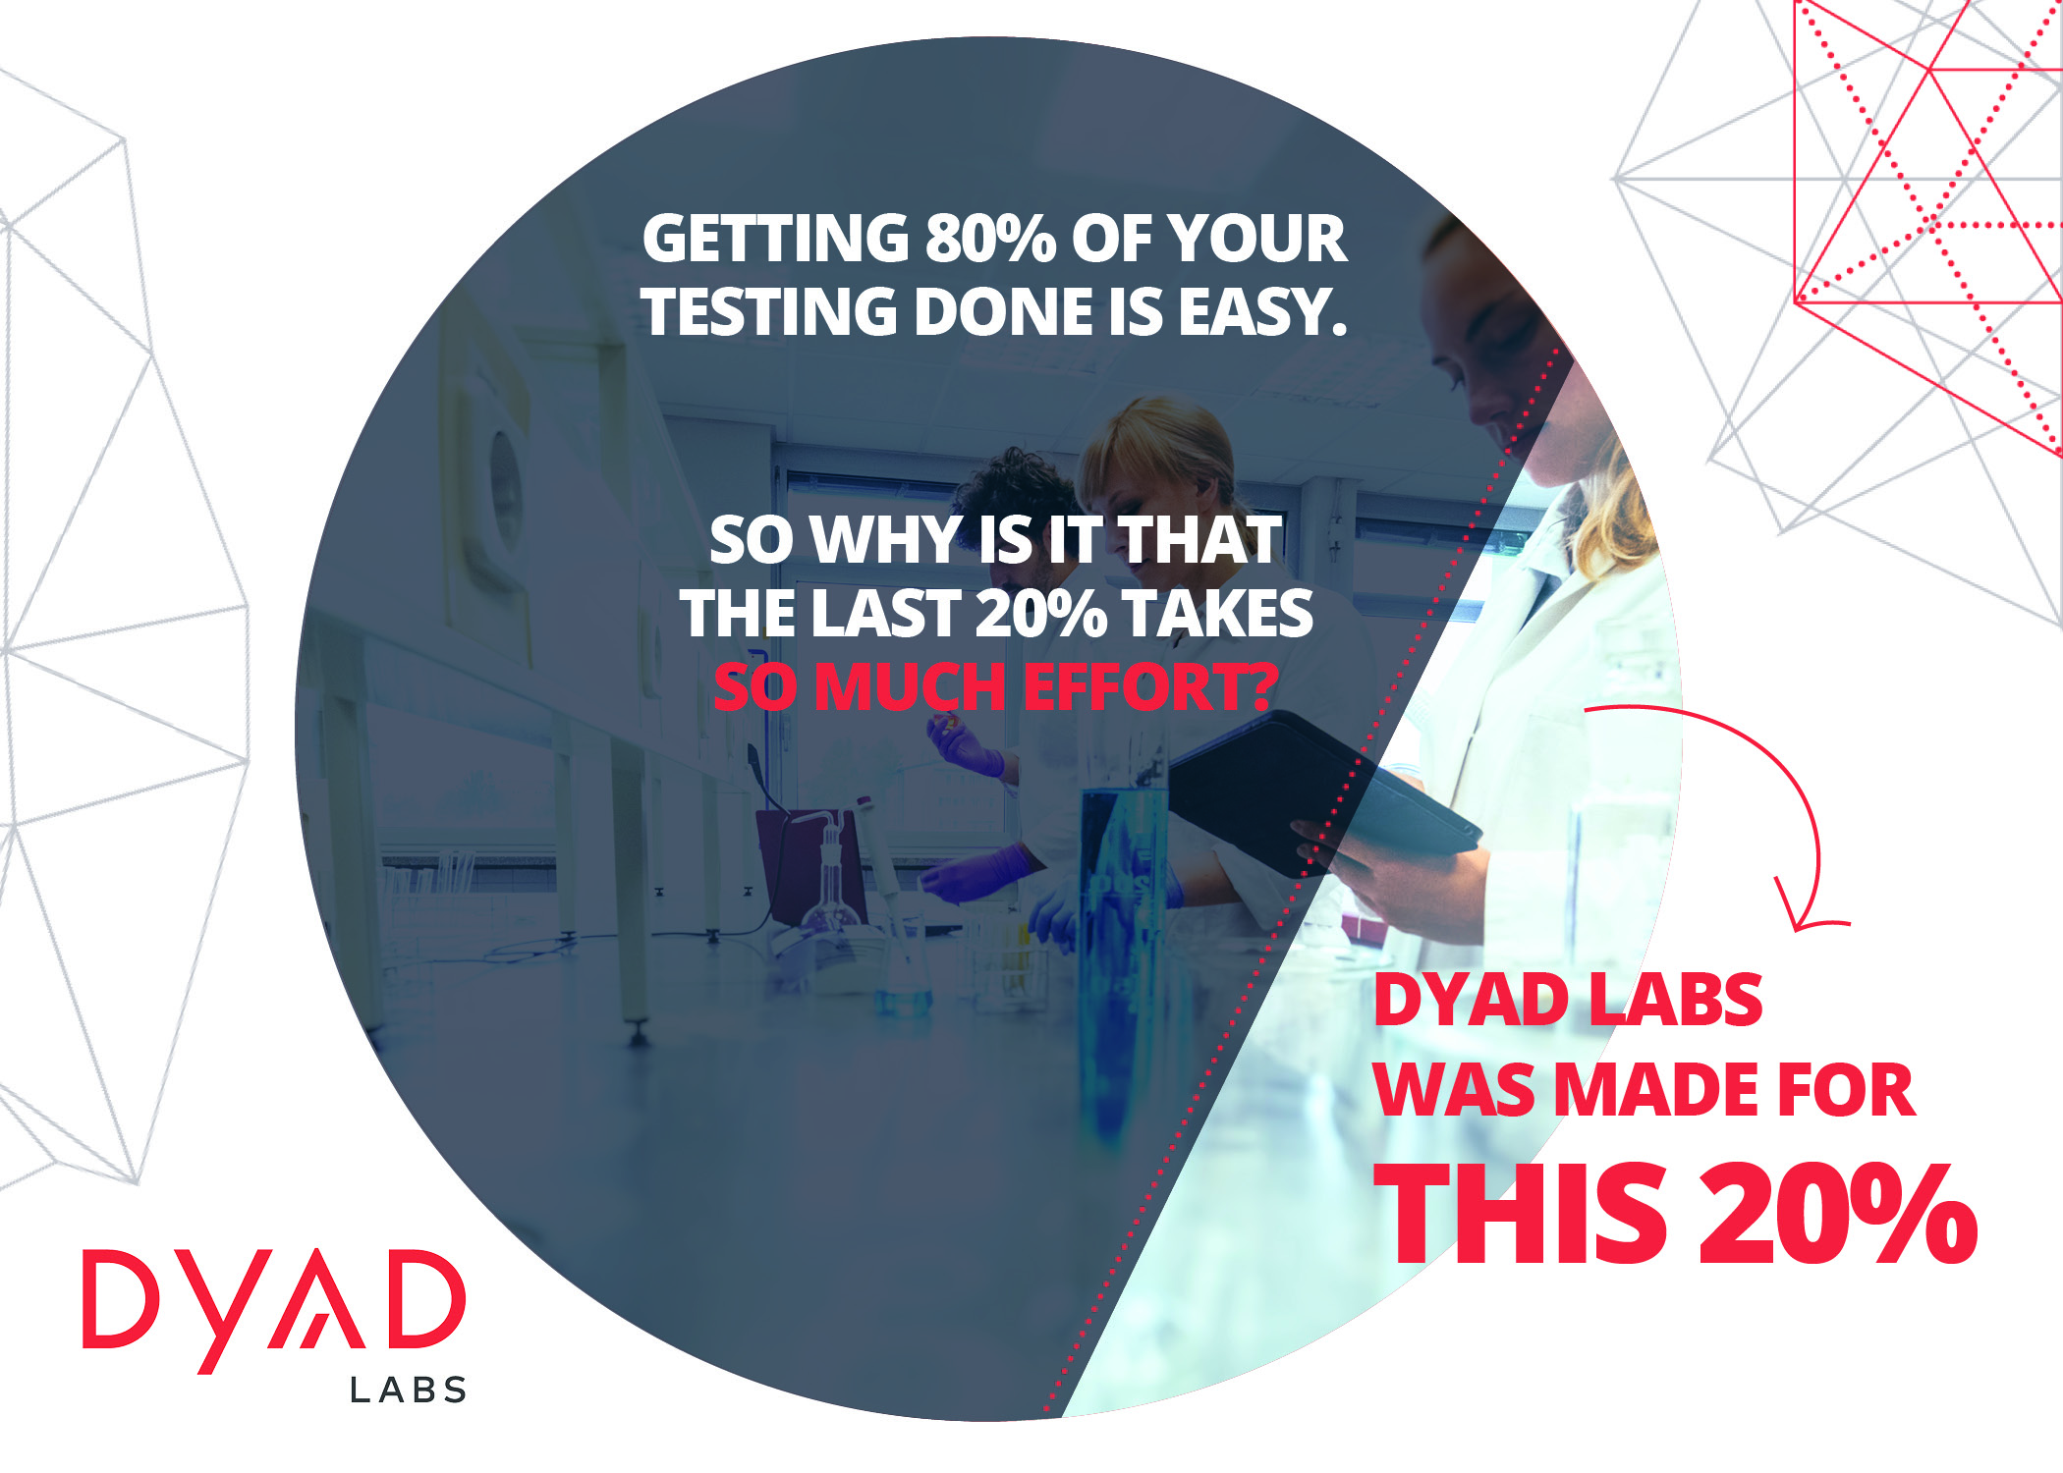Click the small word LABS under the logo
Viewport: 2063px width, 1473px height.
tap(409, 1390)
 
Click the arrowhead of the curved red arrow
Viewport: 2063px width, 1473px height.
tap(1808, 908)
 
